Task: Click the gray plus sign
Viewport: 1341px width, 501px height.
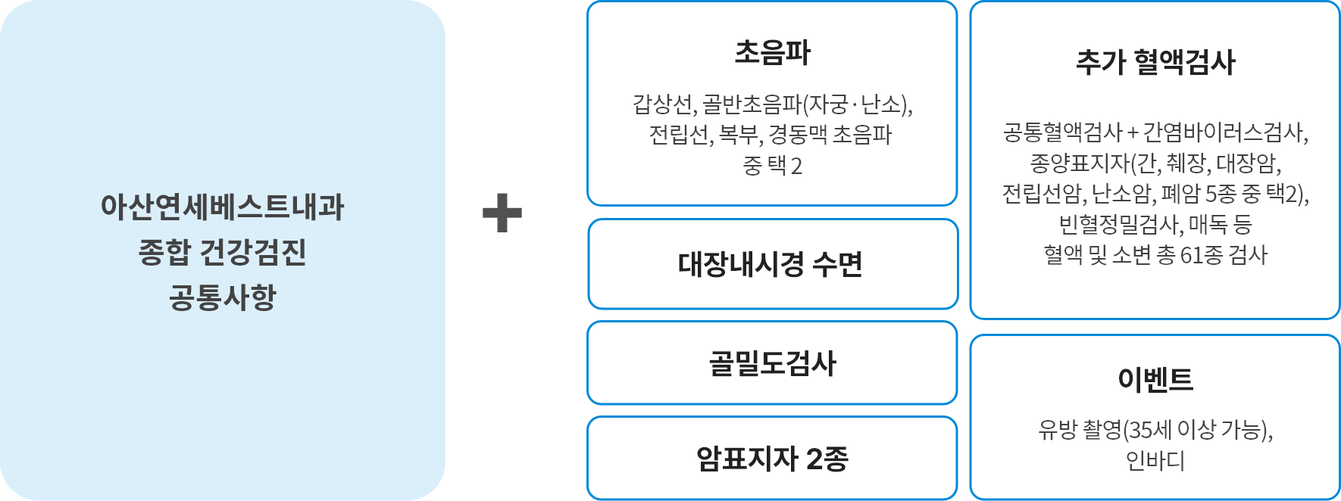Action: point(502,213)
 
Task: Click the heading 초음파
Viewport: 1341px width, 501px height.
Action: point(772,53)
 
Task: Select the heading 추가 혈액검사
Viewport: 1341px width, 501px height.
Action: point(1155,62)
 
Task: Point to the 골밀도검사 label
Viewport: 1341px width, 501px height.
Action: point(772,363)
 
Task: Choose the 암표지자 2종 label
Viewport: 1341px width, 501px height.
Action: point(772,459)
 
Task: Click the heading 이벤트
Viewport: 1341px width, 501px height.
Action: point(1155,379)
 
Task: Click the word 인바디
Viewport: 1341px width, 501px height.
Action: point(1155,460)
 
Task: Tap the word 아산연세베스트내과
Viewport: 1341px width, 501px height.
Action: point(222,207)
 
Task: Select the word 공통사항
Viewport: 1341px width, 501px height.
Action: point(222,297)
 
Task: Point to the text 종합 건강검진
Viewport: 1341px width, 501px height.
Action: point(222,252)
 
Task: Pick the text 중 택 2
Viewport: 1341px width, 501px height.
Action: point(772,165)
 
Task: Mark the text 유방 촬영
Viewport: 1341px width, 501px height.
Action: point(1079,430)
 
